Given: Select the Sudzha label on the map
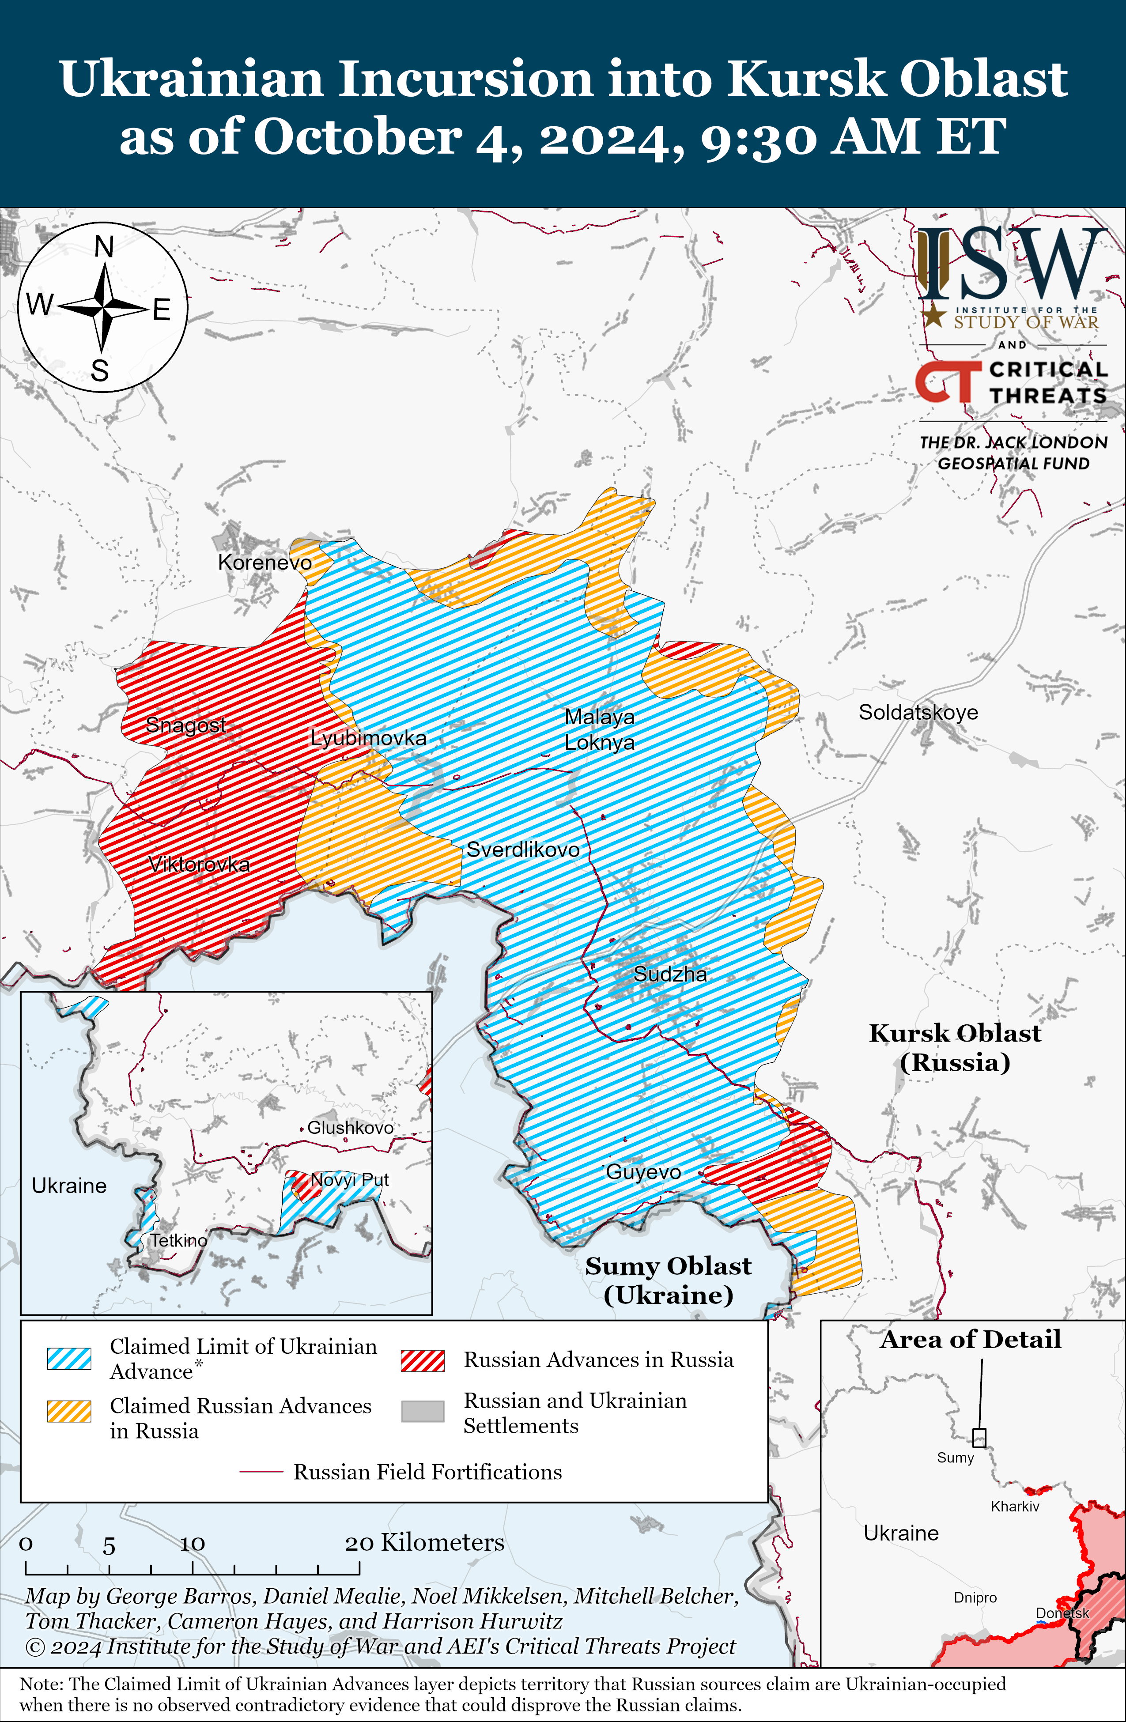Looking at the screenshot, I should (x=670, y=974).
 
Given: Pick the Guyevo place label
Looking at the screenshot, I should (x=643, y=1171).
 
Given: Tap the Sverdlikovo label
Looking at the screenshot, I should (x=522, y=850).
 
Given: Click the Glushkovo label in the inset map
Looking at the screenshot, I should (x=350, y=1127).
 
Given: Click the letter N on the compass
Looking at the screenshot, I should (x=104, y=247).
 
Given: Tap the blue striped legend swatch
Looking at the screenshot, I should (x=69, y=1358).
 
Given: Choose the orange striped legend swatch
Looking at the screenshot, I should (x=69, y=1411).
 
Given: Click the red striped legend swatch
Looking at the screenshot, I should (x=423, y=1360).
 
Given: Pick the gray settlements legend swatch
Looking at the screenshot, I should (x=423, y=1411).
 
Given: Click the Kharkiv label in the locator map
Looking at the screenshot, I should (x=1015, y=1507).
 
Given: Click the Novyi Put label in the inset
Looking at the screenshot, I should (x=350, y=1180).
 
